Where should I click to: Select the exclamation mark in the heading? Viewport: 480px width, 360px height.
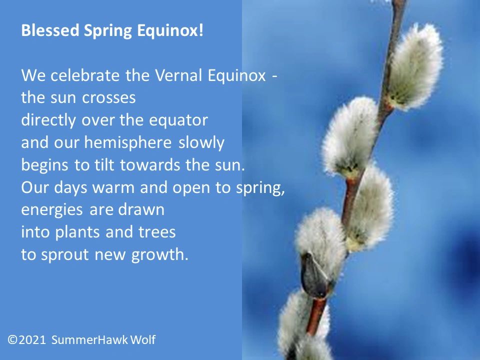tap(202, 31)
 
